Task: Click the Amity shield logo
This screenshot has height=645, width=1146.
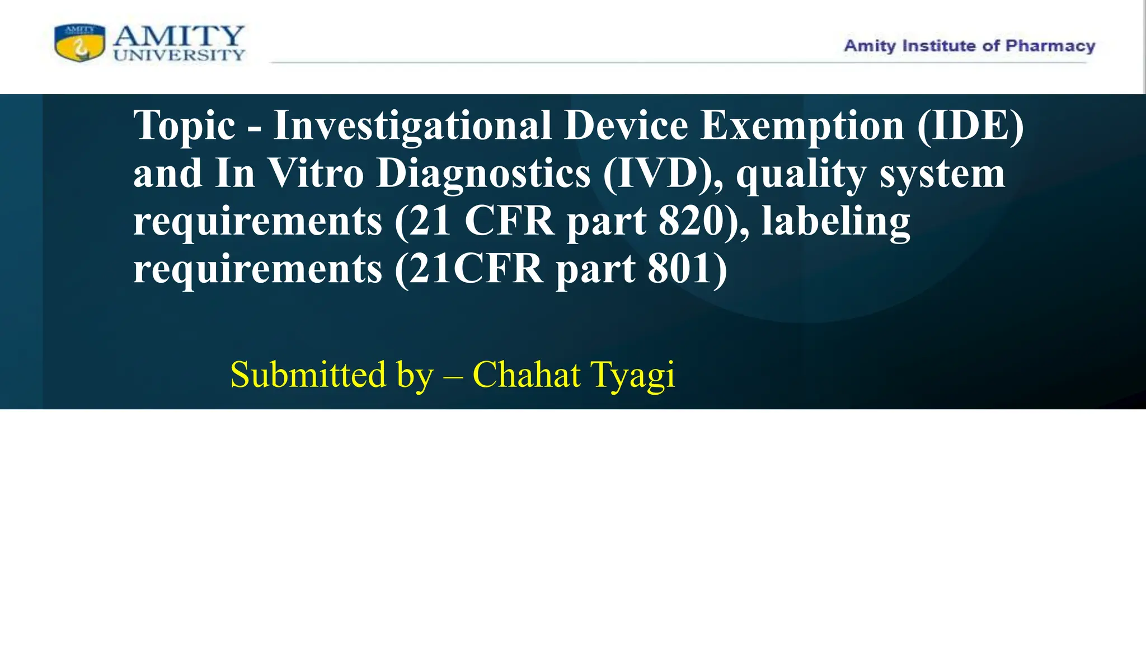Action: pos(80,43)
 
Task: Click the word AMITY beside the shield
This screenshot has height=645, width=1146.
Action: pos(179,36)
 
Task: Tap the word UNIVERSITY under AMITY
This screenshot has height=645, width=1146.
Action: pos(179,55)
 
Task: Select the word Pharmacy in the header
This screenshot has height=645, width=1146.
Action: pos(1050,46)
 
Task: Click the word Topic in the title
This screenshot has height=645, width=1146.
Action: pos(184,126)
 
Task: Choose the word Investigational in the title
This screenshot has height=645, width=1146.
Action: pos(412,125)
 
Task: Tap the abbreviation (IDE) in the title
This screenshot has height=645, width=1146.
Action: pos(970,125)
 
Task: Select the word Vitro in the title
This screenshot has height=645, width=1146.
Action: pos(316,173)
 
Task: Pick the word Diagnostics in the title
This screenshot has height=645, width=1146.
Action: pos(483,174)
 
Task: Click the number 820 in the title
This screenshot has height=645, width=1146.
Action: pos(692,221)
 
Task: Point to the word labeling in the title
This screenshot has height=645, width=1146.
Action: pos(836,222)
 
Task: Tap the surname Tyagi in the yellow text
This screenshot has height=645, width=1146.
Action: pos(632,375)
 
